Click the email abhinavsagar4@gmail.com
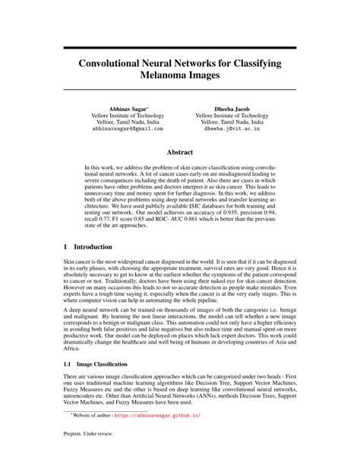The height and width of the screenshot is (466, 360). click(127, 129)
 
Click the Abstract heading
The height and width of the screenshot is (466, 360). click(179, 152)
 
